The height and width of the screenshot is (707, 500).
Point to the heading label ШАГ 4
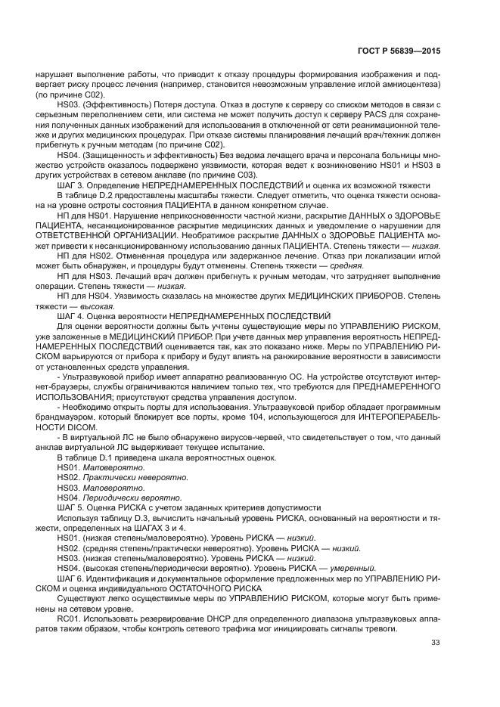pos(70,315)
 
